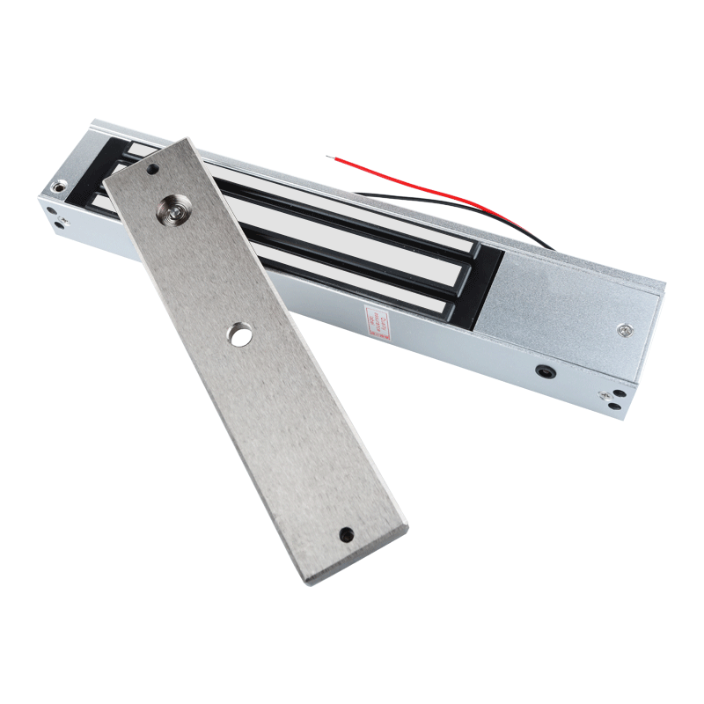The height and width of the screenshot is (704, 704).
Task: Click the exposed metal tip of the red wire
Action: click(328, 158)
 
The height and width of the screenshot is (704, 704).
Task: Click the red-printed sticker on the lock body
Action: click(370, 318)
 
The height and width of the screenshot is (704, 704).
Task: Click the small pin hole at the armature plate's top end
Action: click(153, 167)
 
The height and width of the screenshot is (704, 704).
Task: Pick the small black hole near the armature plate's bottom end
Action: click(346, 533)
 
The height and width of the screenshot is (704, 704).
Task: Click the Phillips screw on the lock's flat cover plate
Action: click(623, 329)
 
